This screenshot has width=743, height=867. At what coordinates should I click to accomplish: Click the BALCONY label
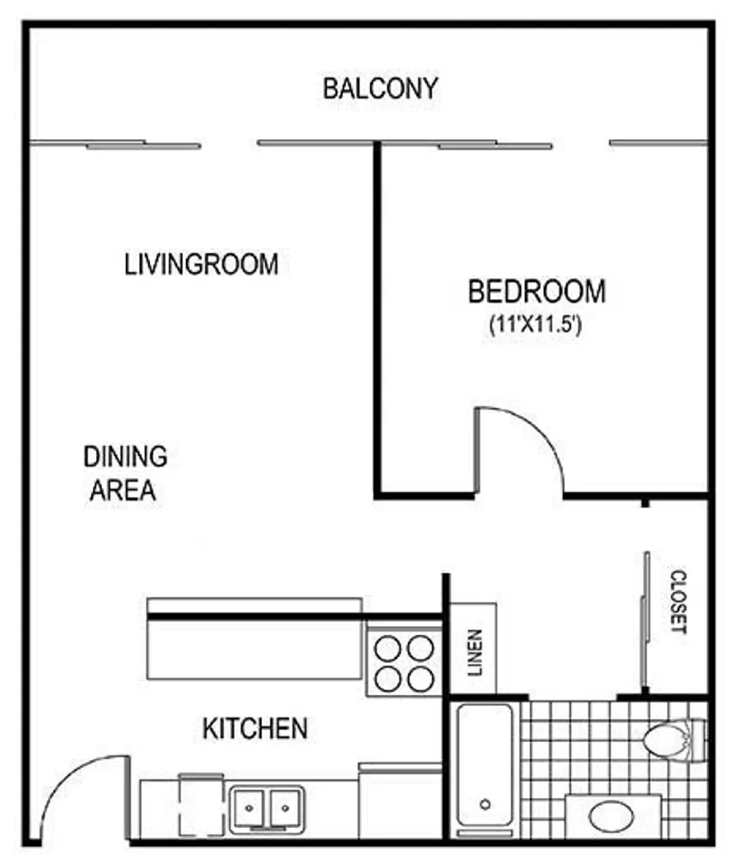click(x=380, y=89)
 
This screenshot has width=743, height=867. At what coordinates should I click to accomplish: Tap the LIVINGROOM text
click(x=201, y=264)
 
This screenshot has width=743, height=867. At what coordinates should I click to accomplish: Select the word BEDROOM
click(x=536, y=292)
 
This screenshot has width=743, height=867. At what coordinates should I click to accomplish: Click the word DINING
click(x=125, y=457)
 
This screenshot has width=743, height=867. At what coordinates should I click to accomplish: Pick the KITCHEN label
click(x=255, y=728)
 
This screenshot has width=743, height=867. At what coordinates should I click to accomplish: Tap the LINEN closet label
click(x=474, y=652)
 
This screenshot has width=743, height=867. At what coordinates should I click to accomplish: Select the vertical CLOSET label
click(x=678, y=601)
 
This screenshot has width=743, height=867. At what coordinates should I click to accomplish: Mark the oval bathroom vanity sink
click(x=611, y=817)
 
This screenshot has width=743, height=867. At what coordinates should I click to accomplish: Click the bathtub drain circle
click(x=485, y=804)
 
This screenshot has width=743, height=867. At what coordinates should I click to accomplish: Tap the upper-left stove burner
click(x=388, y=649)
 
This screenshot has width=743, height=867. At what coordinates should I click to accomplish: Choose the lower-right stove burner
click(x=421, y=680)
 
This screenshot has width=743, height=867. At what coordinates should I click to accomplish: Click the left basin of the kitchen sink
click(x=249, y=808)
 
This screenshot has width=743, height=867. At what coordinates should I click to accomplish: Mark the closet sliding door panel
click(x=645, y=623)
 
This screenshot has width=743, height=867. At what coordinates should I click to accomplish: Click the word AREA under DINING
click(x=123, y=490)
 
